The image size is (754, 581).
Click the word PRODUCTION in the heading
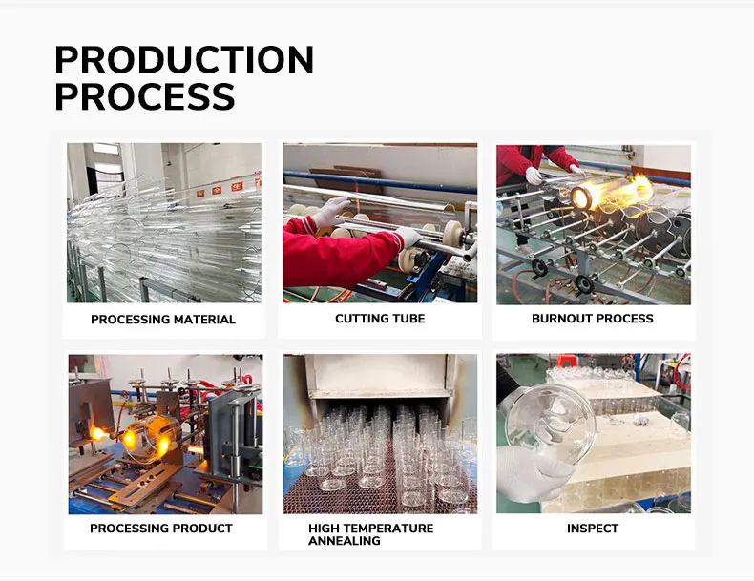tap(183, 60)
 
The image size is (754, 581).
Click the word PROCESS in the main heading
tap(144, 96)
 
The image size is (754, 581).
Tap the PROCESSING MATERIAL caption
tap(163, 320)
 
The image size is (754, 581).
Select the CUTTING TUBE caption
tap(380, 319)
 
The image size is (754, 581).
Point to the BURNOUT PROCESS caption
tap(593, 319)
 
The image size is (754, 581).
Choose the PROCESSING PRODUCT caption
tap(161, 529)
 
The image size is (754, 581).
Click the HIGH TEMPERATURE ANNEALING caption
tap(370, 534)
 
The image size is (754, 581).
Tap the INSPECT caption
tap(593, 529)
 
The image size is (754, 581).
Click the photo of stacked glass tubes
tap(163, 223)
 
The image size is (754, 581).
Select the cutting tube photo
tap(380, 223)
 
